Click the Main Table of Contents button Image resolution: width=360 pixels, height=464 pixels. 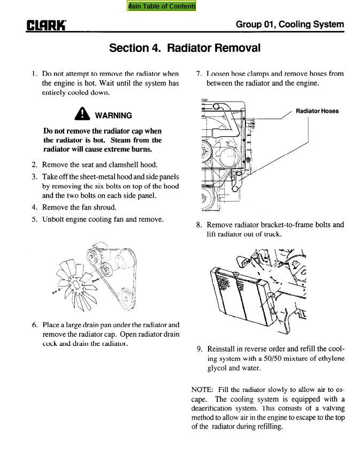(162, 6)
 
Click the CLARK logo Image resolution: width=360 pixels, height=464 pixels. (46, 26)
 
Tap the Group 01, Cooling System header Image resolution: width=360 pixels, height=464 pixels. (290, 24)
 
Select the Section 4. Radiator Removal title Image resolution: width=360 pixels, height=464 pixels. (185, 48)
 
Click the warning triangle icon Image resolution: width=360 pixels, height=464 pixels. (82, 114)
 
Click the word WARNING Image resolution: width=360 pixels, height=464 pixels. (113, 115)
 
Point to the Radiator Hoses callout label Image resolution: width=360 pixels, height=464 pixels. (317, 111)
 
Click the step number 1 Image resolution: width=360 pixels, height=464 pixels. (34, 74)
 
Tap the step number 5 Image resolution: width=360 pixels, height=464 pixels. (35, 219)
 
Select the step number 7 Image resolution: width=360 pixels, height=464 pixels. (198, 74)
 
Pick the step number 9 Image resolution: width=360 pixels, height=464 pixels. (200, 349)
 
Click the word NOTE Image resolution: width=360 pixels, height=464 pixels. (202, 390)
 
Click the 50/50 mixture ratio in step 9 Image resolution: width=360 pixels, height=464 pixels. (272, 359)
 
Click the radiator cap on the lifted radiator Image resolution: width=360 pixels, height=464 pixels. (235, 274)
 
